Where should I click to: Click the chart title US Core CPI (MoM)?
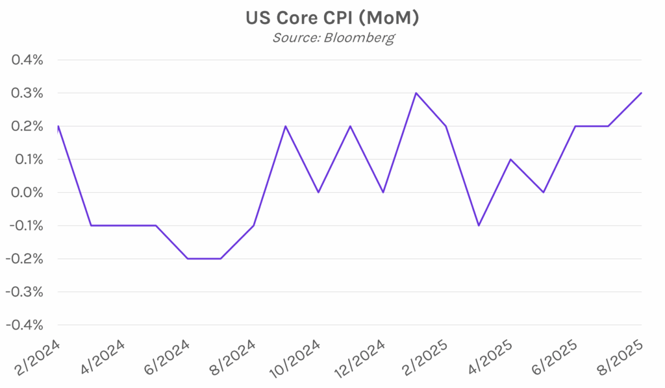332,18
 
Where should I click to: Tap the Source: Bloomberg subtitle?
332,38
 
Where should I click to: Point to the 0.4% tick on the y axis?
27,60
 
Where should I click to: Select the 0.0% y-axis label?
27,193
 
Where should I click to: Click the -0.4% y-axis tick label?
25,325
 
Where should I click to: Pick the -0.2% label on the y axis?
25,259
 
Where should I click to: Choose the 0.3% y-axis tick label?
27,93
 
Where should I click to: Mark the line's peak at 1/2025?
416,93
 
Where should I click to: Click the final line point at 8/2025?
642,93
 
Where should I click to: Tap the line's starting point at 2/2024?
58,127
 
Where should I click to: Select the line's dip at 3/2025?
479,225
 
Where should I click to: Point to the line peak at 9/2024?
286,126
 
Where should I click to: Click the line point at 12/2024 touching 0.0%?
383,192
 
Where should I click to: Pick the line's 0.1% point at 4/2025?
510,159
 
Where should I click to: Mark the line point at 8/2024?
253,225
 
